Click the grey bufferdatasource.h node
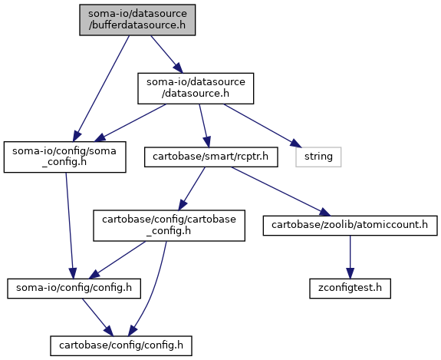pyautogui.click(x=137, y=20)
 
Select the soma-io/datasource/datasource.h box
pyautogui.click(x=196, y=88)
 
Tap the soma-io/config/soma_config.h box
pyautogui.click(x=64, y=157)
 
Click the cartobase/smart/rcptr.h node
pyautogui.click(x=211, y=157)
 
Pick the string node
pyautogui.click(x=318, y=157)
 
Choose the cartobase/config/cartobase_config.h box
pyautogui.click(x=169, y=226)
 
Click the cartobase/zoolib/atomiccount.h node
pyautogui.click(x=350, y=226)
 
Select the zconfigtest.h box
pyautogui.click(x=350, y=289)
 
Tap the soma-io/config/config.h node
pyautogui.click(x=74, y=289)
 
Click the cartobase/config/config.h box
pyautogui.click(x=121, y=345)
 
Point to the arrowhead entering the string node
pyautogui.click(x=297, y=144)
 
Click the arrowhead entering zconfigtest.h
pyautogui.click(x=350, y=273)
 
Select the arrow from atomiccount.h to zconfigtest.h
pyautogui.click(x=350, y=257)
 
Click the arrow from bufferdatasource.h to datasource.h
pyautogui.click(x=166, y=54)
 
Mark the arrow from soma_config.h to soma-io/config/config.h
pyautogui.click(x=70, y=226)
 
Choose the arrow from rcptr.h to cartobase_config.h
pyautogui.click(x=192, y=189)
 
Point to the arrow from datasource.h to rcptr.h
pyautogui.click(x=204, y=126)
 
